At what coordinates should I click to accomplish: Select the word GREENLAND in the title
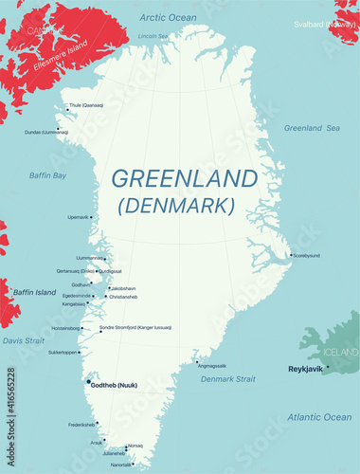184,178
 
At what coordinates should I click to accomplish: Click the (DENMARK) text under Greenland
175,205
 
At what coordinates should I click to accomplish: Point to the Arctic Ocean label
168,18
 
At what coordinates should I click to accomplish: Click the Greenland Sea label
312,128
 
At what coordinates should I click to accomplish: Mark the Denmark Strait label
228,379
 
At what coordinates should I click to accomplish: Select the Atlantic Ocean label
318,417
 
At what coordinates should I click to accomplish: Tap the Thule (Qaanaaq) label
86,105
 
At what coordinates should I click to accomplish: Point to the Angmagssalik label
212,365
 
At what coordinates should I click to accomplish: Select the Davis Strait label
23,340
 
